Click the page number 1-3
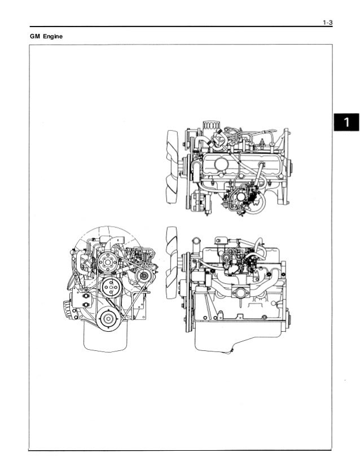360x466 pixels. tap(328, 23)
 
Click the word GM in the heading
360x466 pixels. tap(35, 36)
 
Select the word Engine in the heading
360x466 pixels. tap(53, 37)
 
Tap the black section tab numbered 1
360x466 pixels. tap(346, 122)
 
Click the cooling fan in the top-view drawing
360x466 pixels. tap(173, 167)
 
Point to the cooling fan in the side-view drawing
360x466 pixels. tap(172, 262)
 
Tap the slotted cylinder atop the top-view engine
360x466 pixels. tap(212, 125)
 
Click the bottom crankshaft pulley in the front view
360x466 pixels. tap(108, 319)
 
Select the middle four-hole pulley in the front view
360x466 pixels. tap(111, 287)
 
